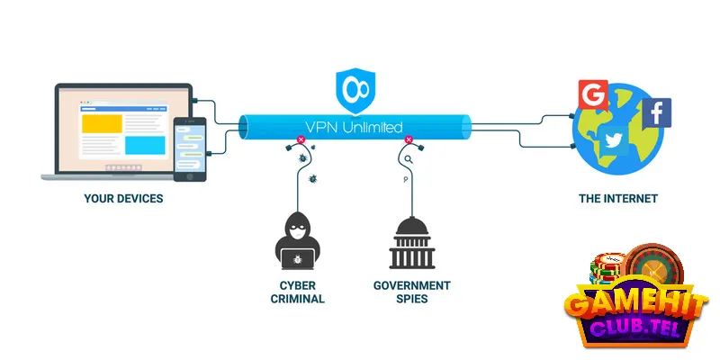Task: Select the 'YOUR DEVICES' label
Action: tap(123, 198)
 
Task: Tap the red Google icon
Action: tap(593, 94)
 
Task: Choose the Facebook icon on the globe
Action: tap(656, 113)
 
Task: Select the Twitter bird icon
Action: tap(616, 139)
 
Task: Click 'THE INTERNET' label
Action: tap(619, 198)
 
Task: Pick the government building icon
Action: tap(410, 243)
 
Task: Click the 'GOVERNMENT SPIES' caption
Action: tap(412, 292)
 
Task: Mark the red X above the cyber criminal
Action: tap(297, 140)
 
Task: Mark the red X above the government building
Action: tap(409, 140)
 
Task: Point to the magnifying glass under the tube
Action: tap(409, 160)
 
